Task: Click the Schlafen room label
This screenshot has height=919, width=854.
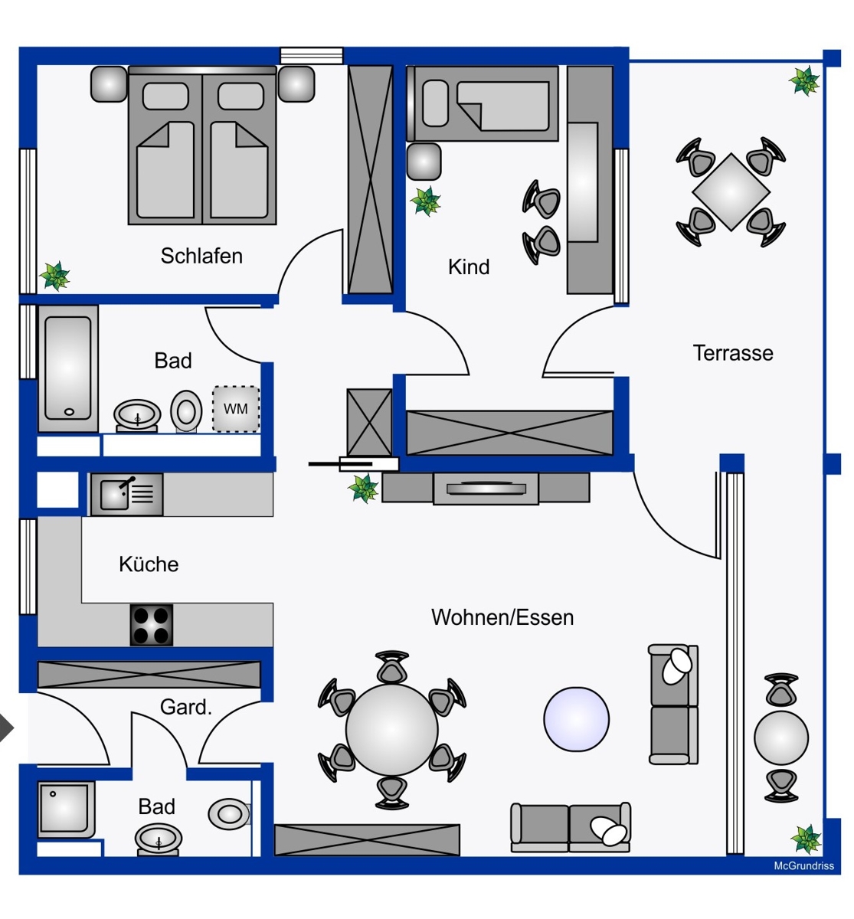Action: [201, 256]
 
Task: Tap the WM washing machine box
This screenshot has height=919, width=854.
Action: [235, 409]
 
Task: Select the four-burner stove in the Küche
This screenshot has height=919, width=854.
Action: [151, 625]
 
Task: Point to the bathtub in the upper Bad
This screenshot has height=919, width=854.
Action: [68, 368]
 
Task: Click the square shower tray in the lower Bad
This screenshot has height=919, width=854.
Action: [66, 809]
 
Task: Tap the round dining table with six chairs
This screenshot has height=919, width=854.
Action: [391, 729]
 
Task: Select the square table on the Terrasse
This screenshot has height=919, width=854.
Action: [731, 191]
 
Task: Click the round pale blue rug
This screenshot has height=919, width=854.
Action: [576, 719]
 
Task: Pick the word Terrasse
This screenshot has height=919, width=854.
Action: [732, 353]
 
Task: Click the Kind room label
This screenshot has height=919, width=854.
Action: [468, 267]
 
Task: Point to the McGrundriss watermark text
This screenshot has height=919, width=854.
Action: [803, 866]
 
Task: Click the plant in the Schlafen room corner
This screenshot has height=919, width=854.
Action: [54, 276]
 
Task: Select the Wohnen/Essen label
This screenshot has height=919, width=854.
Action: [502, 617]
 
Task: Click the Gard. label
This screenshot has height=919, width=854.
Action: [185, 707]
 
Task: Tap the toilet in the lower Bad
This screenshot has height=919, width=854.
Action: [229, 813]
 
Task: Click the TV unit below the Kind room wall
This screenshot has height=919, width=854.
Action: [486, 488]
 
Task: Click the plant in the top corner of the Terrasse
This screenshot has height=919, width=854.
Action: [804, 80]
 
